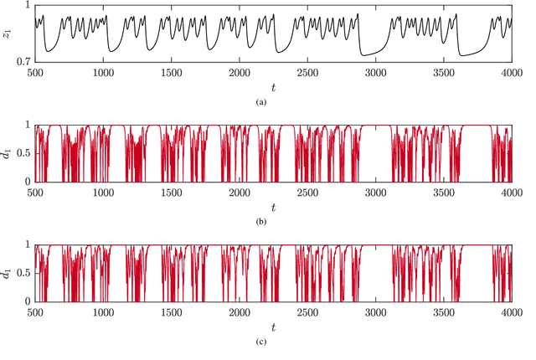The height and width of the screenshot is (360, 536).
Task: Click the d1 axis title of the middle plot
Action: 9,154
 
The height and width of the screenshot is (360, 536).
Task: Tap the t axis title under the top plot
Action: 273,86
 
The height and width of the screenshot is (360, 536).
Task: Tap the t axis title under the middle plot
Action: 273,207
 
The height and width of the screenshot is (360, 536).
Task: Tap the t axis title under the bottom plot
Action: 273,327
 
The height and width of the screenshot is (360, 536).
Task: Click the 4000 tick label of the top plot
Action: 512,73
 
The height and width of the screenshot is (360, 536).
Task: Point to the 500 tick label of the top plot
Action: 36,73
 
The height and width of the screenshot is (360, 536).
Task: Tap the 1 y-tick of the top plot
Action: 28,6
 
